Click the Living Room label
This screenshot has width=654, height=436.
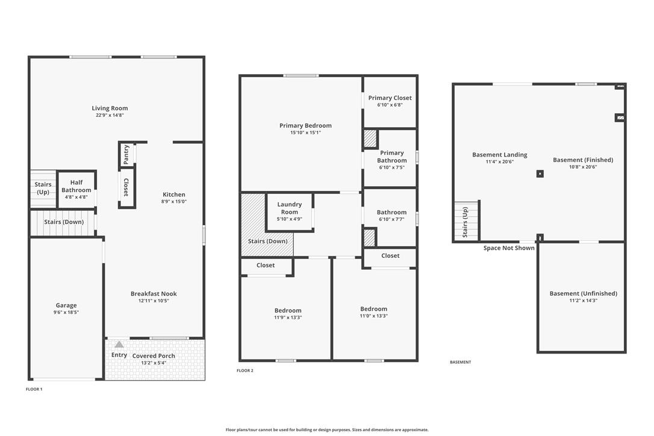(x=110, y=108)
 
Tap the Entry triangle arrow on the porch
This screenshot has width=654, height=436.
(x=119, y=344)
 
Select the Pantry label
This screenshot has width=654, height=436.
(x=126, y=154)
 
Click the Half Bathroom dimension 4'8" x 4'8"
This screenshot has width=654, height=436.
(x=76, y=197)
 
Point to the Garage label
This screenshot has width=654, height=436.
(x=66, y=305)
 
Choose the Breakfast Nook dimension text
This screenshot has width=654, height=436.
(x=154, y=301)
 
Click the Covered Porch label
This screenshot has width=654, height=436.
(x=154, y=356)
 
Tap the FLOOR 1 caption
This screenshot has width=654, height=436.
(x=34, y=389)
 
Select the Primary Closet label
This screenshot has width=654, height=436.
(x=390, y=98)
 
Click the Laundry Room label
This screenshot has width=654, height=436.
(x=290, y=208)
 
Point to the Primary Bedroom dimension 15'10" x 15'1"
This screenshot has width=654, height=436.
(x=306, y=132)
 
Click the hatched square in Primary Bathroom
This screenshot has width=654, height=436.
(x=370, y=139)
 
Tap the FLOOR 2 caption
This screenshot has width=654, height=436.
(x=245, y=370)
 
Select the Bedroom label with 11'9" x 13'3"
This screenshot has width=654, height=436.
(x=288, y=310)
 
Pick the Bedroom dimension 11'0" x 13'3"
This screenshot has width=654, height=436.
(x=374, y=316)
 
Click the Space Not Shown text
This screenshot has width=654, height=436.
(x=509, y=248)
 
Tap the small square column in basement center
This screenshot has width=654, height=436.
(x=540, y=173)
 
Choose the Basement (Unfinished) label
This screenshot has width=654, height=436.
(x=584, y=293)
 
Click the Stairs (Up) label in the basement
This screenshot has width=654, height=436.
(x=465, y=222)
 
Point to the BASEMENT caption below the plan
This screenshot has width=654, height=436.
(x=461, y=362)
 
